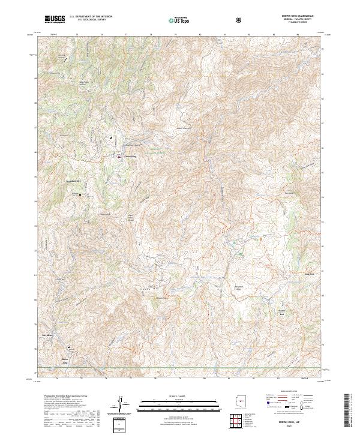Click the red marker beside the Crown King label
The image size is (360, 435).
[x=118, y=157]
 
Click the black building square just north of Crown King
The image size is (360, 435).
[x=111, y=137]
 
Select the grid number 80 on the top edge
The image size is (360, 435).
[x=199, y=35]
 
